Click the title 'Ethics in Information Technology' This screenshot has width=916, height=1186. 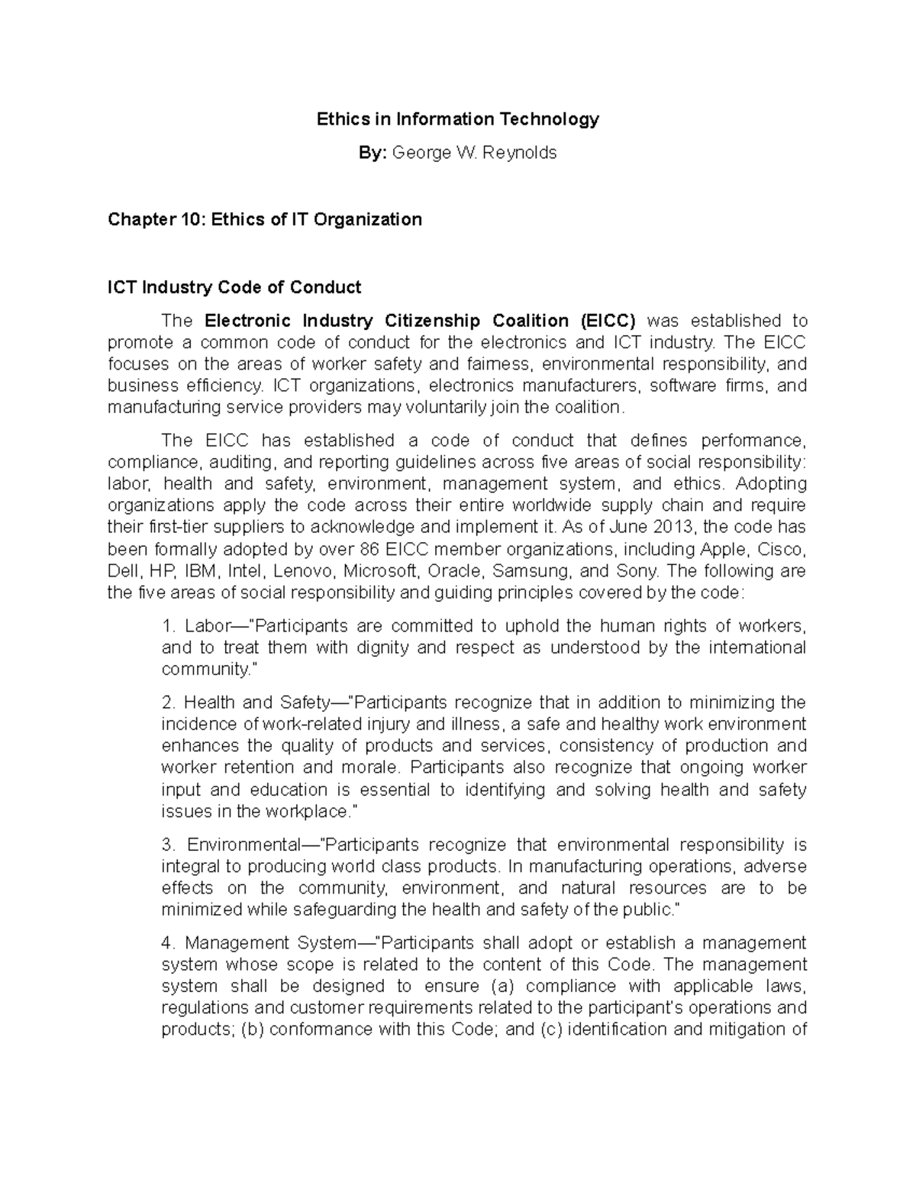458,119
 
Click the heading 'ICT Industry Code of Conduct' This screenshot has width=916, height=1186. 234,288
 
